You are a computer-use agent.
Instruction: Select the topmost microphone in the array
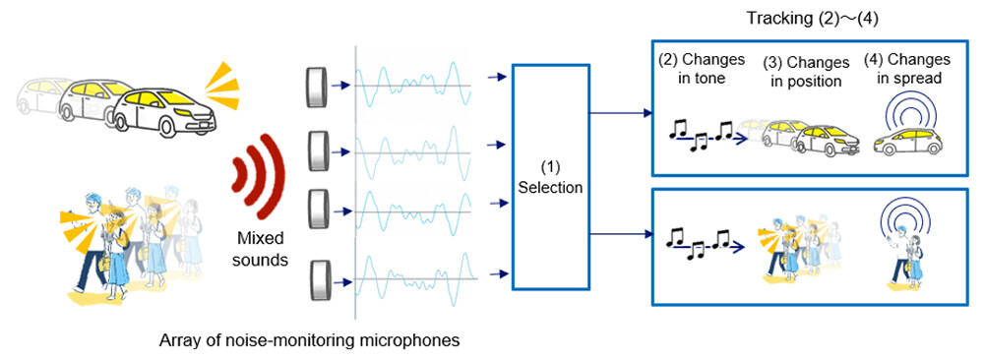point(316,88)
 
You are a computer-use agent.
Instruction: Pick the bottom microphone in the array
point(316,279)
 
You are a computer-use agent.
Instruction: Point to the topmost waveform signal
point(413,86)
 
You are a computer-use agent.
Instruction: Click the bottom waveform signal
point(413,279)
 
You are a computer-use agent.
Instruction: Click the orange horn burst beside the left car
point(221,84)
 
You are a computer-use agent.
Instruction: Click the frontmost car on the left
point(163,108)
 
